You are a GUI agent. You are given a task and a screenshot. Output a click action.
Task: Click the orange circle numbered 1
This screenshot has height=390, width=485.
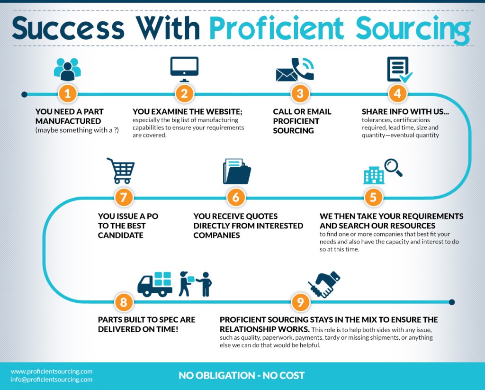pyautogui.click(x=67, y=93)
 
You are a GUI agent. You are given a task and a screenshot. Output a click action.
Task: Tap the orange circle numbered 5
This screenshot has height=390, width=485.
pyautogui.click(x=373, y=197)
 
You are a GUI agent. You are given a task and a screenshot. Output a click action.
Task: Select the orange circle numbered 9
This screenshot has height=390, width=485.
pyautogui.click(x=300, y=301)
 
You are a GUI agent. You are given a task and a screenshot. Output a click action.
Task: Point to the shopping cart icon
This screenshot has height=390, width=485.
pyautogui.click(x=121, y=171)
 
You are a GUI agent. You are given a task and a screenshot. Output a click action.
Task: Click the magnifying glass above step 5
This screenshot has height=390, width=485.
pyautogui.click(x=393, y=167)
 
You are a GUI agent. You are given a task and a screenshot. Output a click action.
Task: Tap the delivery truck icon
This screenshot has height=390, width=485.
pyautogui.click(x=155, y=284)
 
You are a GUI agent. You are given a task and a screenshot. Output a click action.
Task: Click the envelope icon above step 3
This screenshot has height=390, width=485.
pyautogui.click(x=286, y=75)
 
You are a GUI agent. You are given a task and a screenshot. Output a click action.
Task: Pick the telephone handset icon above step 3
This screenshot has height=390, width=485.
pyautogui.click(x=303, y=68)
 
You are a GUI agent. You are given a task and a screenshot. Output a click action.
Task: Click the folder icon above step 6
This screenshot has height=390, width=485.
pyautogui.click(x=237, y=172)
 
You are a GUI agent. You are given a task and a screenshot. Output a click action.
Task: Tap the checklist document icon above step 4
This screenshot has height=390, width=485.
pyautogui.click(x=399, y=70)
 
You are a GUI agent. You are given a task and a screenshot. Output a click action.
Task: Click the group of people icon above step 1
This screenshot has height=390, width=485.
pyautogui.click(x=67, y=69)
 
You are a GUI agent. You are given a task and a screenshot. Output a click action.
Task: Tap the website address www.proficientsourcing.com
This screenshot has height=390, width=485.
pyautogui.click(x=52, y=371)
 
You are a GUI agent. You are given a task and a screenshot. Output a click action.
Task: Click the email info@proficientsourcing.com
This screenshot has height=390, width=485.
pyautogui.click(x=52, y=380)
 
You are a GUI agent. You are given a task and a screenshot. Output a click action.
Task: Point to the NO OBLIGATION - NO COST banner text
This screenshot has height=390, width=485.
pyautogui.click(x=242, y=375)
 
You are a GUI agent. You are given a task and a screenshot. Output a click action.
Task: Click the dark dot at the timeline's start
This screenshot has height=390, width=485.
pyautogui.click(x=25, y=94)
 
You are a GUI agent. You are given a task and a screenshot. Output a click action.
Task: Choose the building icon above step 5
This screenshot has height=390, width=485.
pyautogui.click(x=374, y=175)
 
